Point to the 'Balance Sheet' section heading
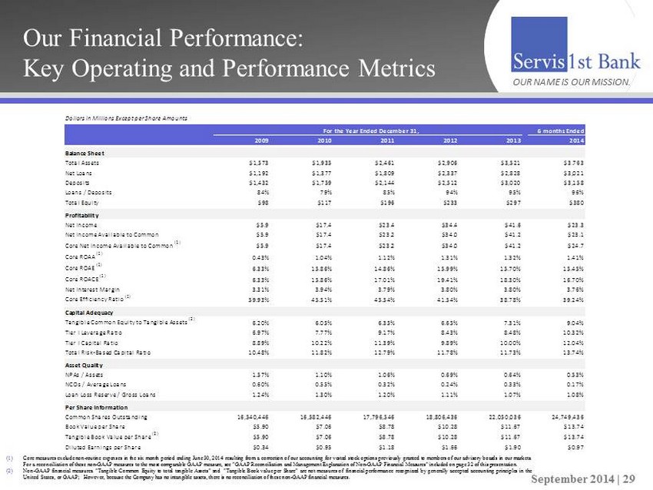(x=84, y=154)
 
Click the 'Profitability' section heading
(x=82, y=215)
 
